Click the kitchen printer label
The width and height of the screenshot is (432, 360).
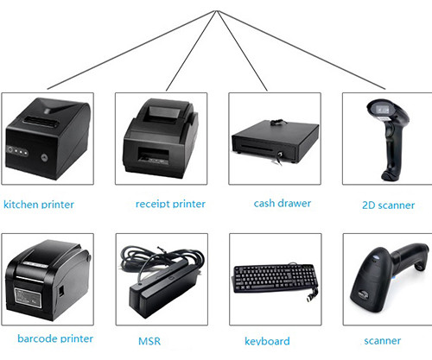point(39,205)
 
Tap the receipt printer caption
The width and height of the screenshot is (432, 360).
point(170,204)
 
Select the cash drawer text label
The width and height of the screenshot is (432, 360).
point(283,203)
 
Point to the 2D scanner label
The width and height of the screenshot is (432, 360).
point(388,205)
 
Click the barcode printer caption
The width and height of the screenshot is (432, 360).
point(55,338)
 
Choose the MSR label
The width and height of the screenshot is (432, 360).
point(149,341)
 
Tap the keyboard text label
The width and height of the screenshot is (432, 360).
point(267,341)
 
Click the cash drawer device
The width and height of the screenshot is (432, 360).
point(275,141)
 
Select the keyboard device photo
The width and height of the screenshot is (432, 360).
point(275,280)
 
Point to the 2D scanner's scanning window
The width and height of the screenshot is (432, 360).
point(383,109)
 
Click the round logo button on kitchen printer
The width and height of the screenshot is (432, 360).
point(44,157)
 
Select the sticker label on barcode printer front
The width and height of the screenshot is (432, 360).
point(27,297)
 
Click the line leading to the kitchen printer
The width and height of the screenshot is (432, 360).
point(131,50)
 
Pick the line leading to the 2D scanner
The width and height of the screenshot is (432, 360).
point(302,50)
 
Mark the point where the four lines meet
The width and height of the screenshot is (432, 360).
point(217,11)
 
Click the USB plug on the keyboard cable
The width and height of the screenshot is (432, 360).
point(311,296)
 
